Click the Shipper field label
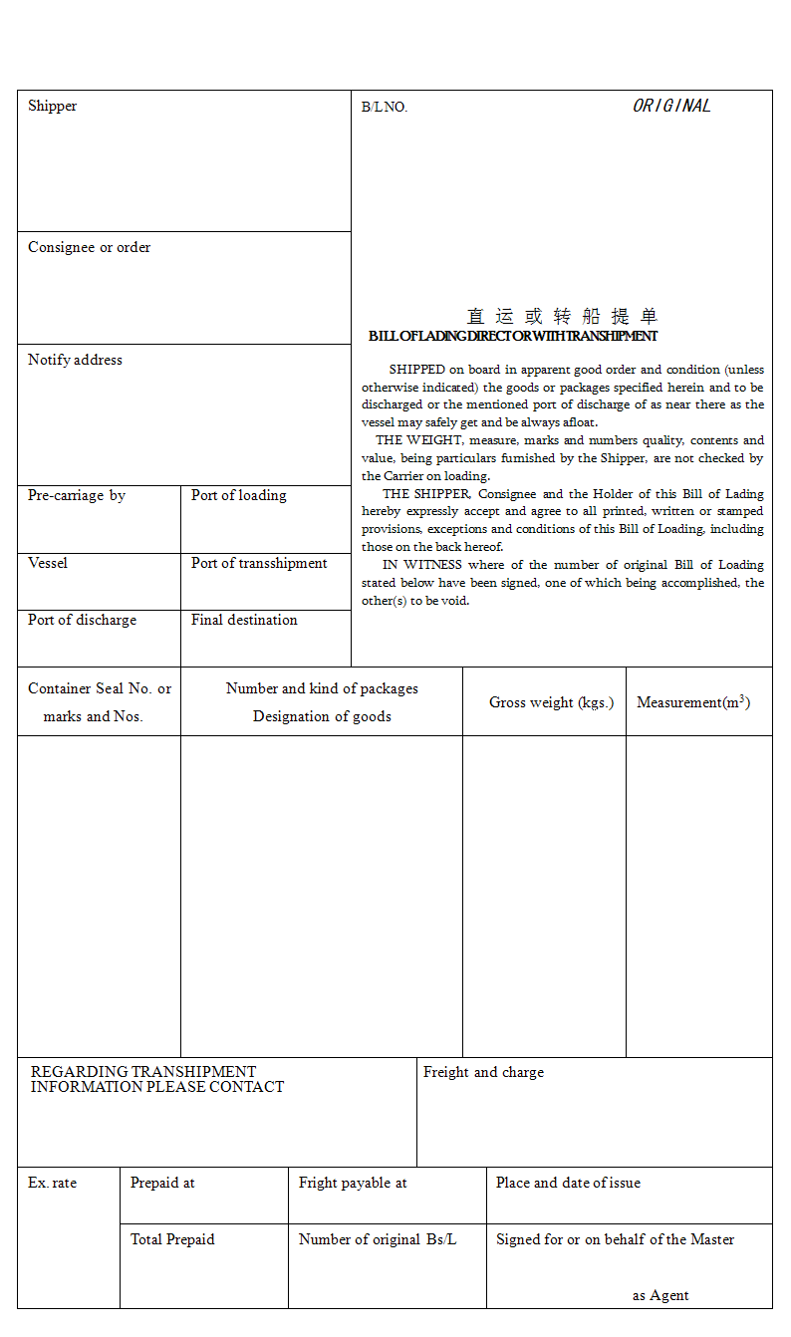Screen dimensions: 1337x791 [x=52, y=107]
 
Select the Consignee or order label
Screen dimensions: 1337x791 [x=89, y=248]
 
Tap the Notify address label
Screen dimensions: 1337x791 [x=75, y=361]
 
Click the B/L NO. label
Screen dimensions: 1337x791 [x=385, y=108]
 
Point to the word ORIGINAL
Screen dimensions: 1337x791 [x=671, y=107]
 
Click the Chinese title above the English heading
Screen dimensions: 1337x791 [x=562, y=317]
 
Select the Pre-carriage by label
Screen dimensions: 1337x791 [x=77, y=496]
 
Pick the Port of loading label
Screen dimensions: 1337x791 [x=238, y=496]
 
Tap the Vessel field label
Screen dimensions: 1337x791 [x=48, y=564]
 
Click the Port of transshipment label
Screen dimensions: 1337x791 [x=259, y=564]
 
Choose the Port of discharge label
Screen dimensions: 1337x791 [x=82, y=621]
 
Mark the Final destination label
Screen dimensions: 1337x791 [x=244, y=621]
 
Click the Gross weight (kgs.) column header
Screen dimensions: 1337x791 [x=551, y=703]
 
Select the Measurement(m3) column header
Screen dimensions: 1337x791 [x=693, y=702]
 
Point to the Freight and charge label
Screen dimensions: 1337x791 [x=483, y=1073]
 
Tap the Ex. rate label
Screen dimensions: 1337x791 [x=52, y=1184]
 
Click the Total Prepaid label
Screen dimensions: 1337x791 [x=172, y=1240]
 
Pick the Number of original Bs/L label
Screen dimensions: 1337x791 [x=378, y=1240]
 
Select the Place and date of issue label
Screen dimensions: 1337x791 [x=568, y=1184]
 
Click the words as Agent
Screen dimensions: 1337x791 [x=660, y=1296]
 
